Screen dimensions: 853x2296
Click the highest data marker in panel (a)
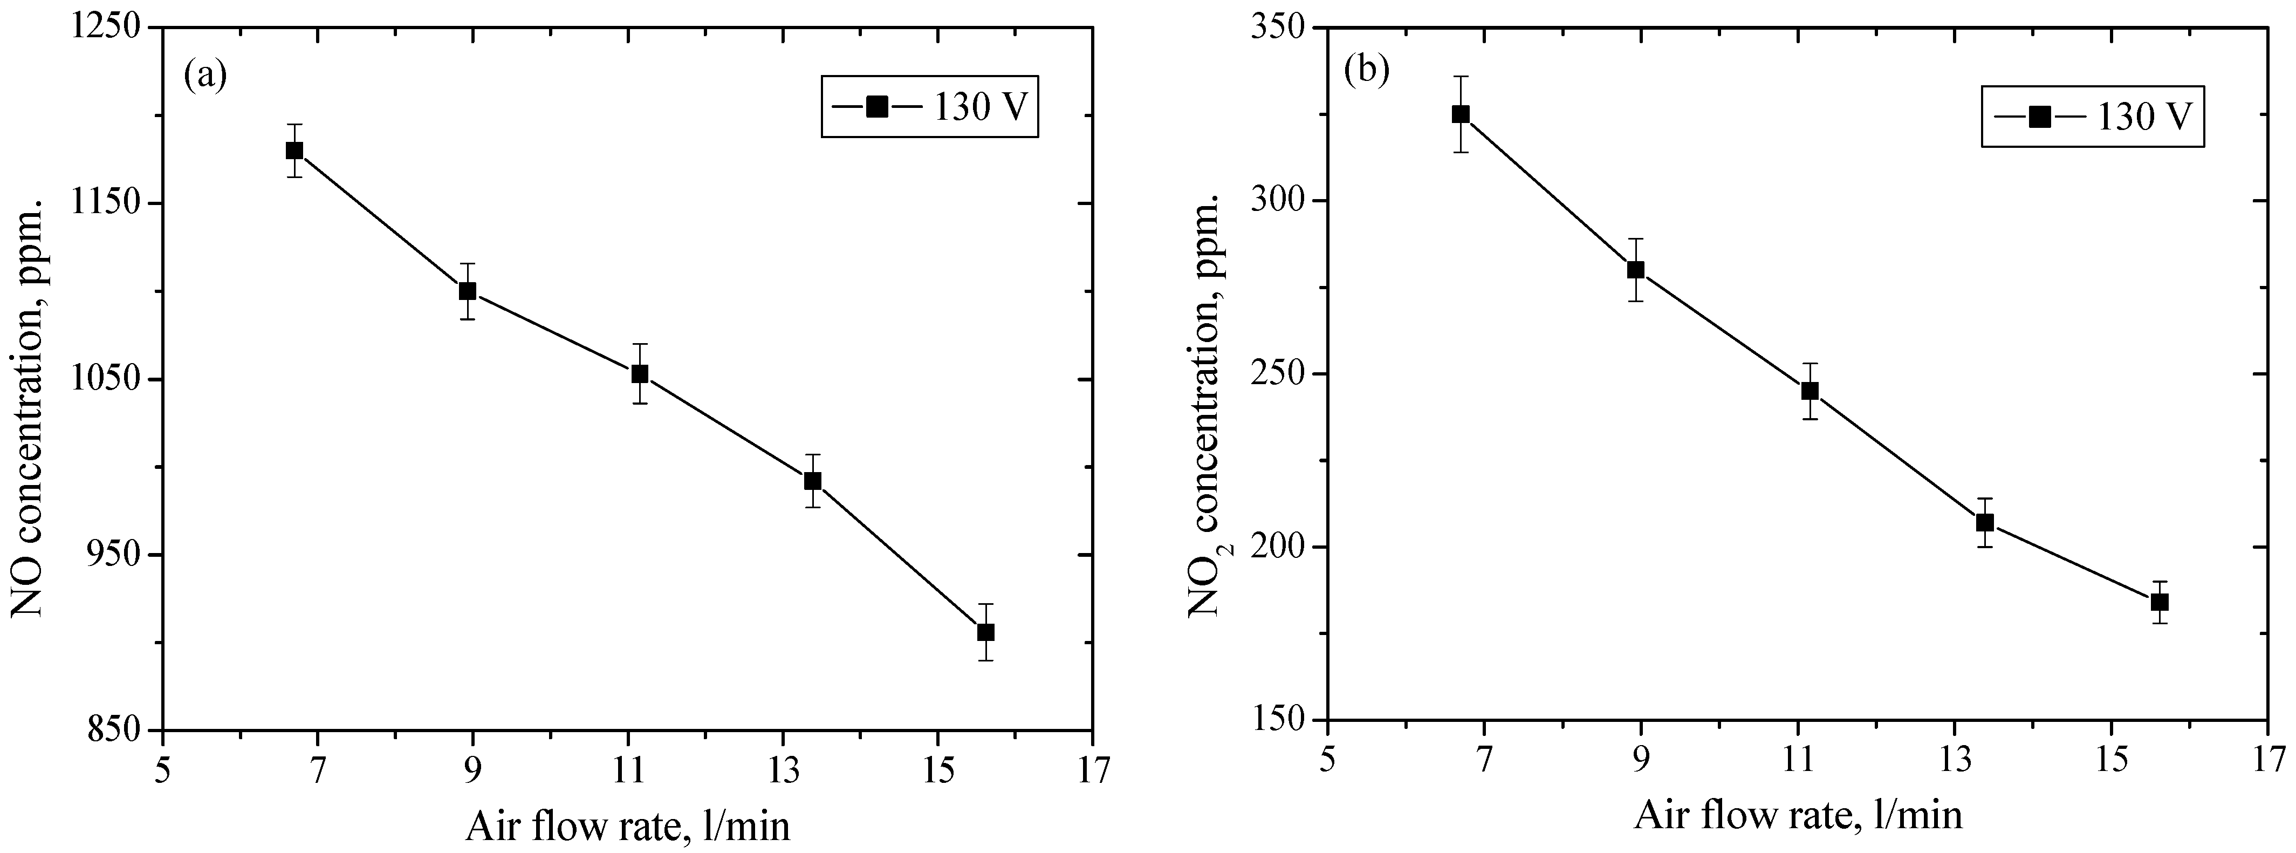(x=294, y=151)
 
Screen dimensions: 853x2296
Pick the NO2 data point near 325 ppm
(x=1460, y=114)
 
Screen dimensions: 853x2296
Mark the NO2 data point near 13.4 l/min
(x=1984, y=522)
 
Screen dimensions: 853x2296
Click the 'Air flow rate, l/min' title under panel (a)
(x=627, y=826)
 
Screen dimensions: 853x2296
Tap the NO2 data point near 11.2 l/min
(x=1810, y=391)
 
